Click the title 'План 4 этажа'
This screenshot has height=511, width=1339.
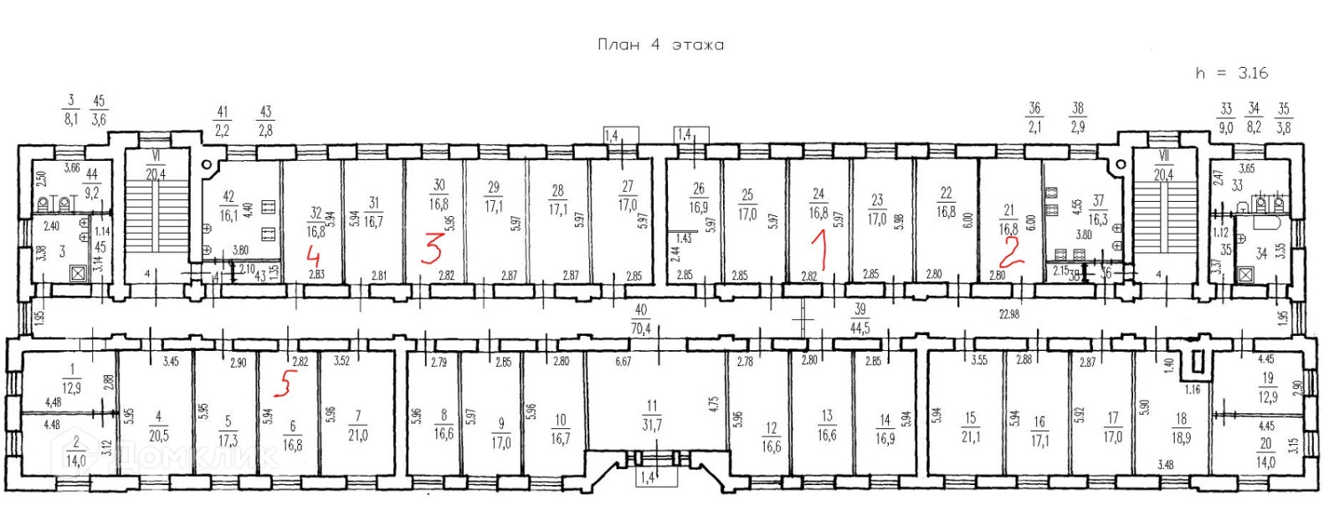point(660,45)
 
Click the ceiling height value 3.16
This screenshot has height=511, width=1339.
point(1253,73)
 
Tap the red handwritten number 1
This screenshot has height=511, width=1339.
point(820,250)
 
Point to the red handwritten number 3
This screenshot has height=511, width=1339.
point(432,249)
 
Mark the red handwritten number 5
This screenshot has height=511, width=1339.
point(286,384)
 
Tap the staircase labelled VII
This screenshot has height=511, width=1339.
point(1163,218)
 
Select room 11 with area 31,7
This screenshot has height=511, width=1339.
point(652,416)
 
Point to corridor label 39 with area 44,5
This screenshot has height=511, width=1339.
point(859,319)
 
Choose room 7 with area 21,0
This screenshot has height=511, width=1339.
point(358,426)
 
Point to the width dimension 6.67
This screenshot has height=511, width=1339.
point(623,362)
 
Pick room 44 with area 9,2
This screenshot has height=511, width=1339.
point(91,183)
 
